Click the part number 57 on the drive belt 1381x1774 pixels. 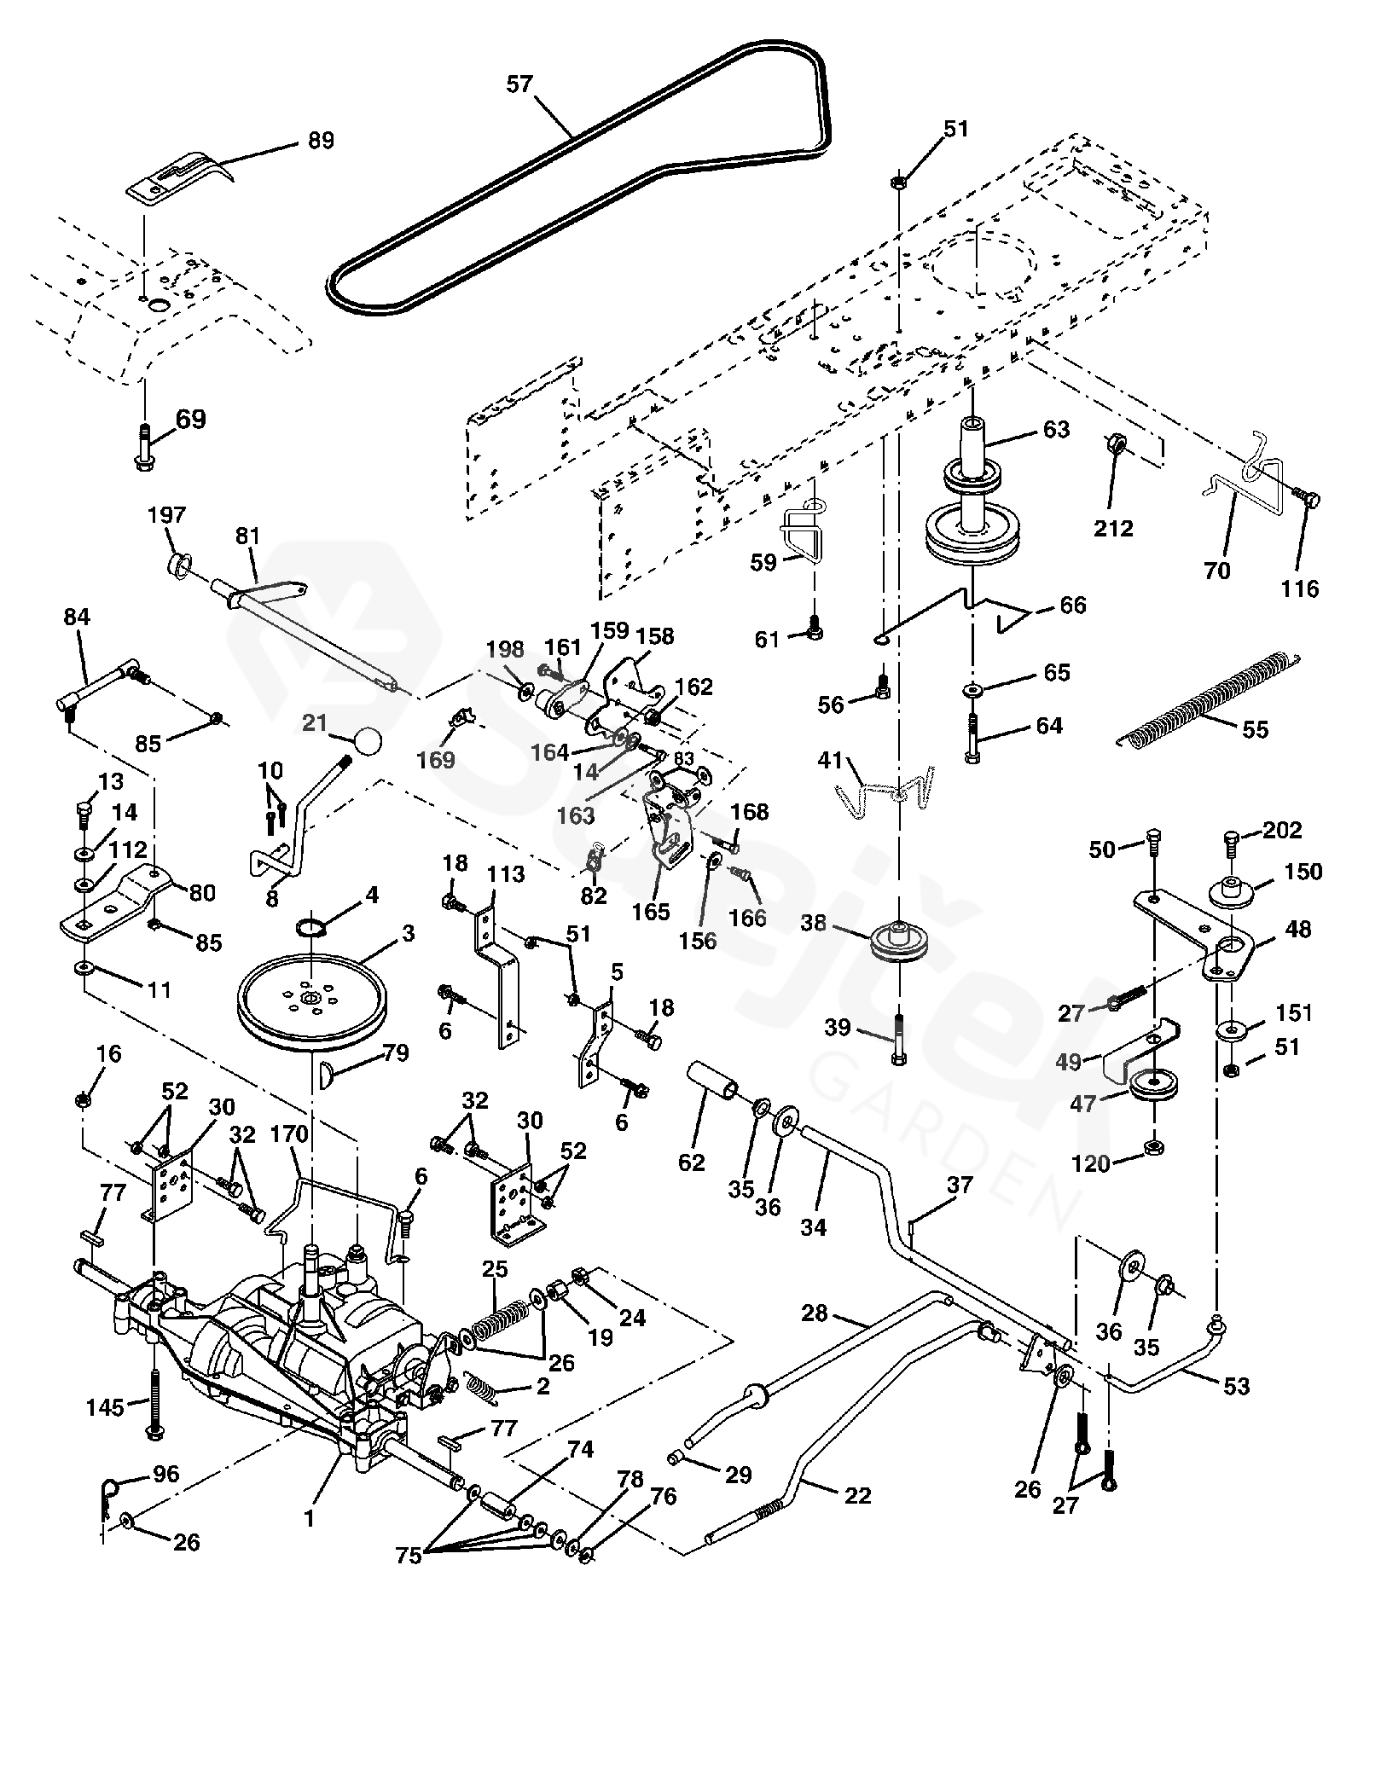coord(519,84)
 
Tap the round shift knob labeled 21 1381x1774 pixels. coord(368,739)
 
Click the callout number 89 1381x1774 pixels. coord(321,140)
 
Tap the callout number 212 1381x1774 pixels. coord(1114,528)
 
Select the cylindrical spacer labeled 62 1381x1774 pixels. coord(713,1081)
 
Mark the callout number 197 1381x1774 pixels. coord(166,515)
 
